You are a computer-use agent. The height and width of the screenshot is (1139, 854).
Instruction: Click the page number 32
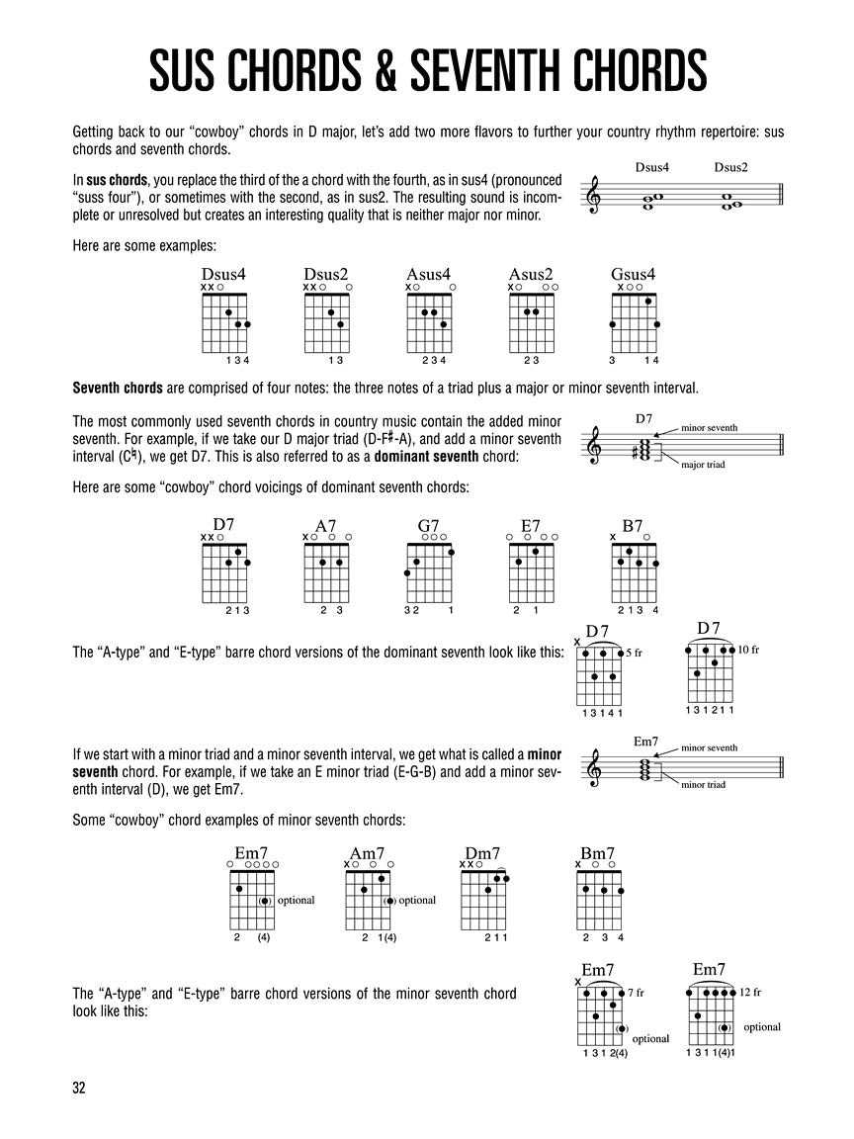(79, 1088)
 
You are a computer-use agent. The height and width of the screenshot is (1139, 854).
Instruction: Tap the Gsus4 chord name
(634, 275)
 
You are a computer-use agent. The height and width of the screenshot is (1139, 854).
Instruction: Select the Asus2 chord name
(531, 275)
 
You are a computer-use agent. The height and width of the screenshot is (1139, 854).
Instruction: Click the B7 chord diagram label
(633, 526)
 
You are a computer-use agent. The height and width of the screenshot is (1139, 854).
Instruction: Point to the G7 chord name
(429, 526)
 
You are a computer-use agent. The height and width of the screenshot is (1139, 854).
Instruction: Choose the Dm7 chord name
(482, 853)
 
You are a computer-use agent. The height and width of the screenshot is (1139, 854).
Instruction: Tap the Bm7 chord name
(597, 853)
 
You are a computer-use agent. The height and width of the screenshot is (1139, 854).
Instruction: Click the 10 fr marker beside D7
(748, 650)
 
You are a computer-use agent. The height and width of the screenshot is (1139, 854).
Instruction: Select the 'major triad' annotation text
(703, 464)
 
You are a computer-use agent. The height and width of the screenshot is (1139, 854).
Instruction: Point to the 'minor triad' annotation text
(703, 784)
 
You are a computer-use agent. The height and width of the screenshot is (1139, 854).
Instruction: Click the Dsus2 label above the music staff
(730, 167)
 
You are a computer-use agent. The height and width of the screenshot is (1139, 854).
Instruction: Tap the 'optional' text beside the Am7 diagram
(417, 900)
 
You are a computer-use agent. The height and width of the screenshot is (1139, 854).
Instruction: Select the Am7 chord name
(367, 853)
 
